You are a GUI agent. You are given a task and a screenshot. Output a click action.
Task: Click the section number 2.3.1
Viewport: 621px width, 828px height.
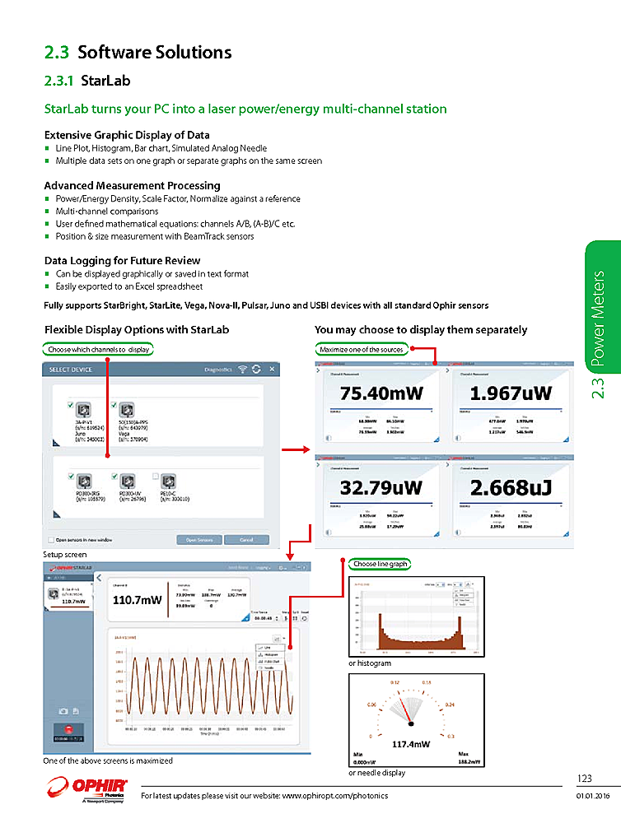pos(59,81)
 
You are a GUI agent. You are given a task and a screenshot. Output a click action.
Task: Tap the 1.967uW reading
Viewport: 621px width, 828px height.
pos(511,393)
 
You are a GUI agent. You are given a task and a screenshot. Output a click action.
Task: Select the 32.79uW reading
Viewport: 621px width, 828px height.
pos(381,487)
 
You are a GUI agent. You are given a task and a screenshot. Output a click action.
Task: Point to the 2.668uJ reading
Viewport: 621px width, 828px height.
pos(511,487)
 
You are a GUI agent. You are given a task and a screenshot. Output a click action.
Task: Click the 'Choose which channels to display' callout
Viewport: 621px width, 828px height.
pos(99,349)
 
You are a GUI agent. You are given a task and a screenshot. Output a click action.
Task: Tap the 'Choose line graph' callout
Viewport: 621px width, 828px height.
pos(380,564)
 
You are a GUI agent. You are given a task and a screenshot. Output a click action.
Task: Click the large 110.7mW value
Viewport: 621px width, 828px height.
pos(137,600)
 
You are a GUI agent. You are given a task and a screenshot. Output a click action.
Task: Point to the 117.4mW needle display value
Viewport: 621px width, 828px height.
pos(411,743)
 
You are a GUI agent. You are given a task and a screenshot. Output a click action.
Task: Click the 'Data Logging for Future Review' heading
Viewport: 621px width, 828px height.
pos(122,260)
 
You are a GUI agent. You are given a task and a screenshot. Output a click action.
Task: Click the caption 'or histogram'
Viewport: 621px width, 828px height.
pos(369,663)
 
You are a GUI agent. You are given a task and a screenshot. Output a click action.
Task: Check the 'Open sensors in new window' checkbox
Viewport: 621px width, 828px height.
pos(51,540)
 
